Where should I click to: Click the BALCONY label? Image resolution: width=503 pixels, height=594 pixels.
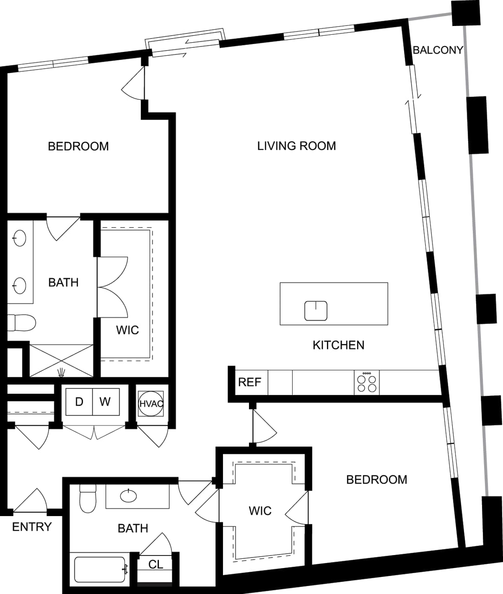tap(438, 50)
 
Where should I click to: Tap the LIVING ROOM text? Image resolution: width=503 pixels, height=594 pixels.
tap(296, 146)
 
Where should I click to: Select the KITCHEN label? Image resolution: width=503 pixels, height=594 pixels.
tap(338, 345)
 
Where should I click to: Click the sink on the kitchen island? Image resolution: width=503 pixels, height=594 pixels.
tap(316, 310)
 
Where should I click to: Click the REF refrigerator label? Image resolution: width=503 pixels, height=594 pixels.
tap(249, 382)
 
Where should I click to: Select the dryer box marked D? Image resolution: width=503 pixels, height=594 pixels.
tap(79, 401)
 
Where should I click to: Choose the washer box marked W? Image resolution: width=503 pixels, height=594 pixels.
tap(105, 401)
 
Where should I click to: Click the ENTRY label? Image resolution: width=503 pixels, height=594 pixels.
tap(32, 527)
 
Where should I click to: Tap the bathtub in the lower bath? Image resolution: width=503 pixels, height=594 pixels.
tap(99, 569)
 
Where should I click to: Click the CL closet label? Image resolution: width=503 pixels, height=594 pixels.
tap(156, 564)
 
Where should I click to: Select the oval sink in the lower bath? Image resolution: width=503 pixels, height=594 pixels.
tap(129, 496)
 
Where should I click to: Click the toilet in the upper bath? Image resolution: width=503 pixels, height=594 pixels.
tap(22, 323)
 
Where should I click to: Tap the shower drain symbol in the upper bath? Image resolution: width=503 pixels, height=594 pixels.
tap(61, 372)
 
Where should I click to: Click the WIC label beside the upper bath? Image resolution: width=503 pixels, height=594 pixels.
tap(127, 330)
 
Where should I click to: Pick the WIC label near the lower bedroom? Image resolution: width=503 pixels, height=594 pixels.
tap(260, 510)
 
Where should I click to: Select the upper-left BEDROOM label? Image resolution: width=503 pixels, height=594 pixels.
tap(78, 146)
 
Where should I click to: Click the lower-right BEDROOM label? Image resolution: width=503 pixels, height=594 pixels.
tap(376, 479)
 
